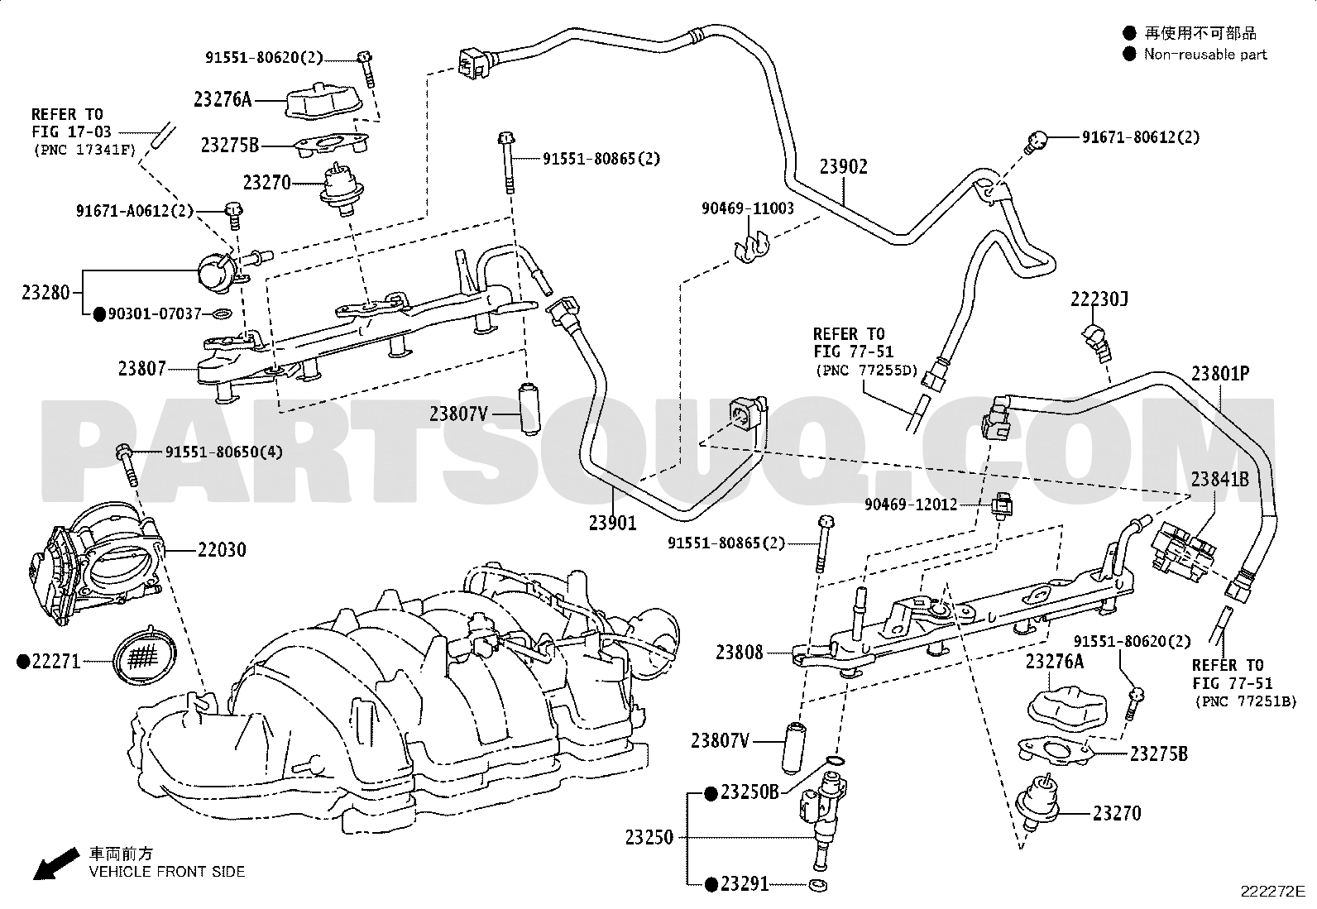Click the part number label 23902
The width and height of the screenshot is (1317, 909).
[844, 167]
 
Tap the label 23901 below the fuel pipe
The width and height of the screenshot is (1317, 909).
[613, 523]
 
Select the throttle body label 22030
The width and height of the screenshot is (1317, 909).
[222, 550]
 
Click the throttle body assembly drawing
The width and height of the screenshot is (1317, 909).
[95, 565]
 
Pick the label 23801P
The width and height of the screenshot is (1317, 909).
[1220, 374]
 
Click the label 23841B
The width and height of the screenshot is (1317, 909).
[1220, 479]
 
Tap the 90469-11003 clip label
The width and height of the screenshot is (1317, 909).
[748, 208]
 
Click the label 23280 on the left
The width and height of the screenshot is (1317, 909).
[45, 293]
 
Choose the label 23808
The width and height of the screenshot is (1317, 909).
[739, 653]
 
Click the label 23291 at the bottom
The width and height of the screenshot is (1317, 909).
[745, 884]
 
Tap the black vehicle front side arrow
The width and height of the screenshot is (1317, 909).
[55, 864]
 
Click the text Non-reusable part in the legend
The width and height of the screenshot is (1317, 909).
[1205, 55]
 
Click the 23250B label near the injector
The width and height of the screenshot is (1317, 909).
[749, 792]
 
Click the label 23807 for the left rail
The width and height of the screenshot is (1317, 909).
[141, 369]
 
